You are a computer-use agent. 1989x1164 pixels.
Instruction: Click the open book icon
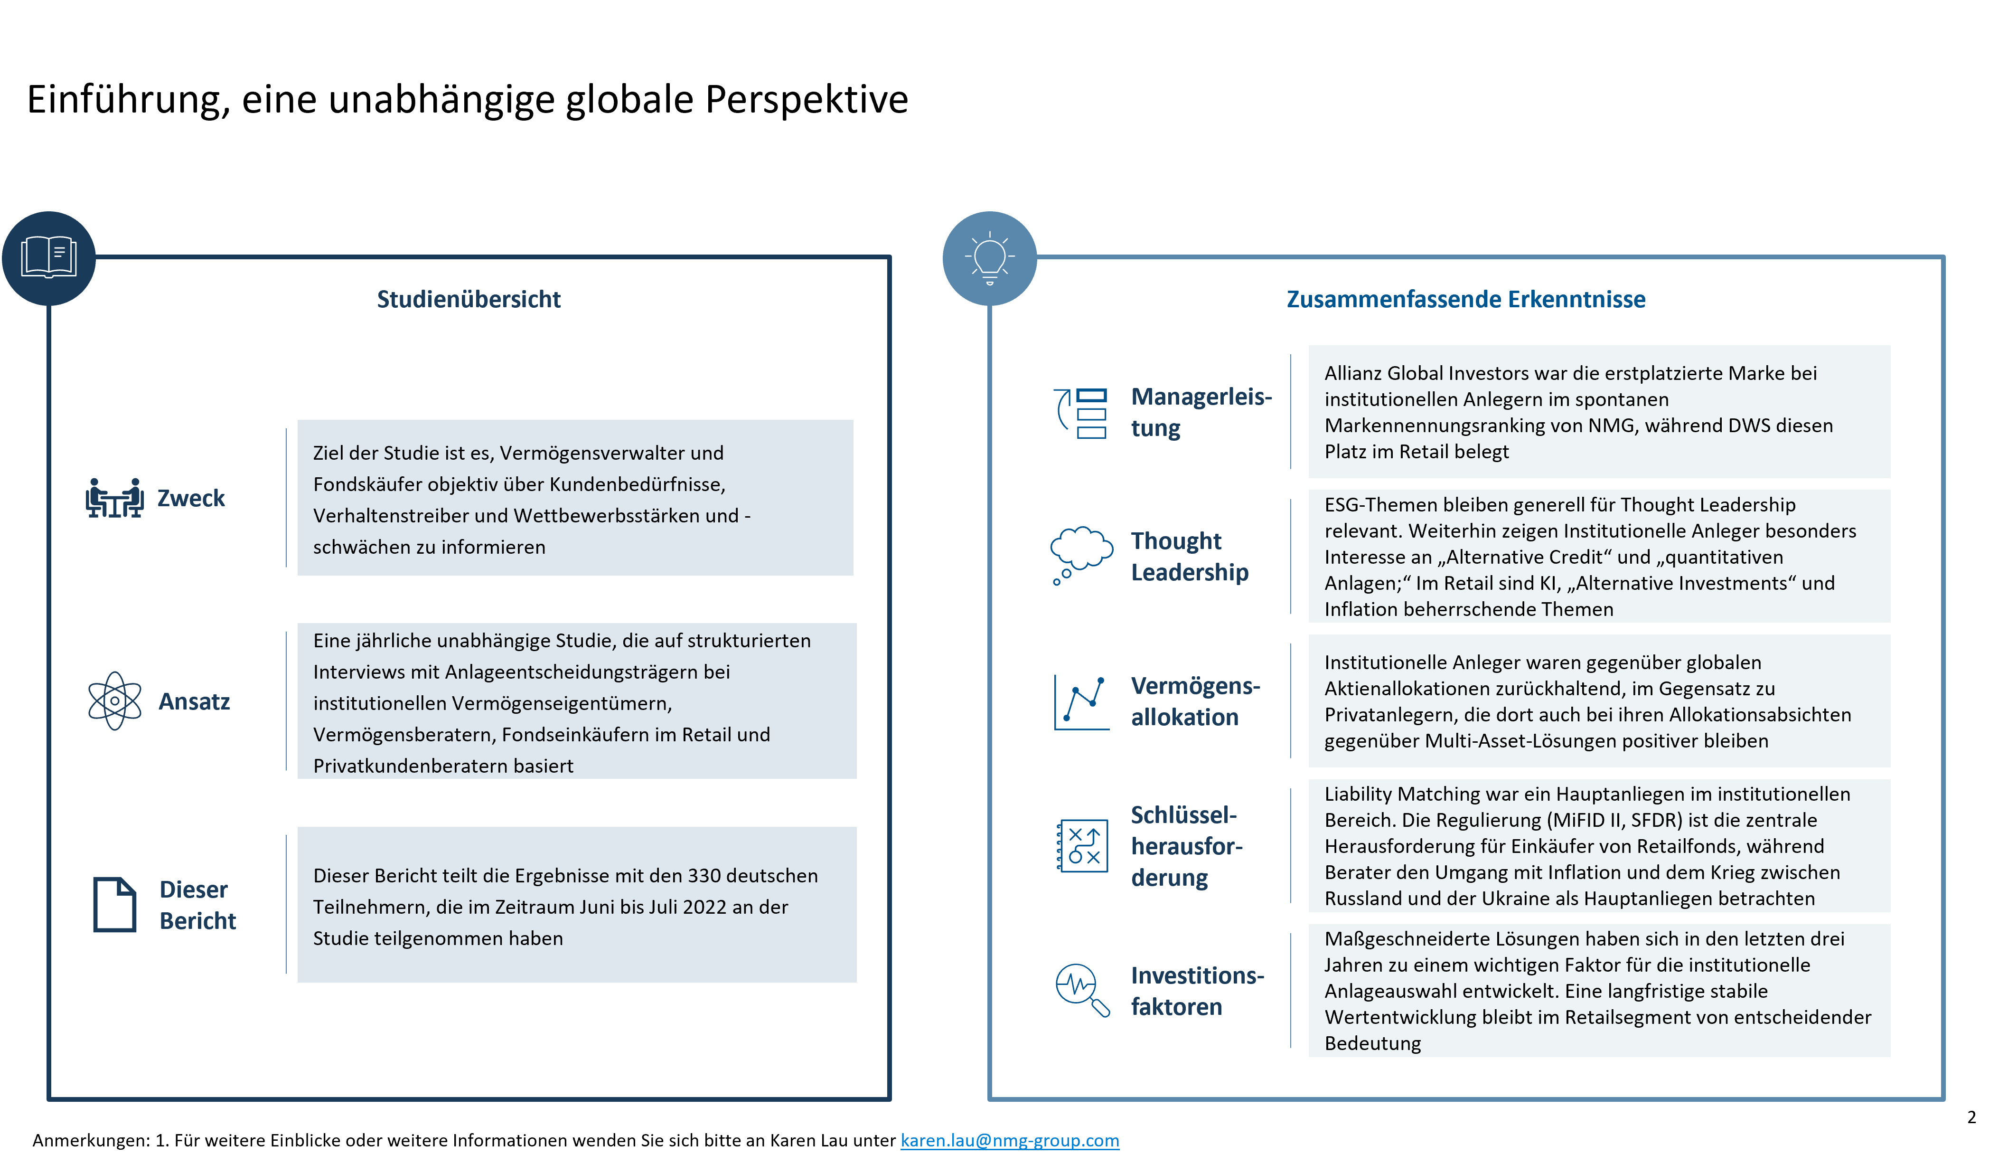click(x=49, y=257)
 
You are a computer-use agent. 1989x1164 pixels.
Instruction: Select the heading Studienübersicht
click(x=469, y=299)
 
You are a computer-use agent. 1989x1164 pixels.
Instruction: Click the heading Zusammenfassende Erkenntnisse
click(x=1466, y=299)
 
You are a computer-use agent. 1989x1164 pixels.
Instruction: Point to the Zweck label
click(x=191, y=498)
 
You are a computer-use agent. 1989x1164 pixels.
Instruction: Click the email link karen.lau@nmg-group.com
click(x=1010, y=1140)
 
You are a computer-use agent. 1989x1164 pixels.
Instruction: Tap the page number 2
click(x=1971, y=1117)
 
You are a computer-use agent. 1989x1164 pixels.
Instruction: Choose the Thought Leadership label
click(x=1190, y=557)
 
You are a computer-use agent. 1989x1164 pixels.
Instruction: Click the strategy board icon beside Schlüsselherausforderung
click(x=1082, y=846)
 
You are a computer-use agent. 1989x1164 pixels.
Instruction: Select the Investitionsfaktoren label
click(x=1197, y=991)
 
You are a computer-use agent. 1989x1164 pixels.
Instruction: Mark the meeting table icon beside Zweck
click(x=114, y=498)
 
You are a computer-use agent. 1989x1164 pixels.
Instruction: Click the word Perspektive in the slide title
click(x=807, y=100)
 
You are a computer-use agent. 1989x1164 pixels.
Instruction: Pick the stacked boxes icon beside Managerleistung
click(x=1081, y=413)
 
